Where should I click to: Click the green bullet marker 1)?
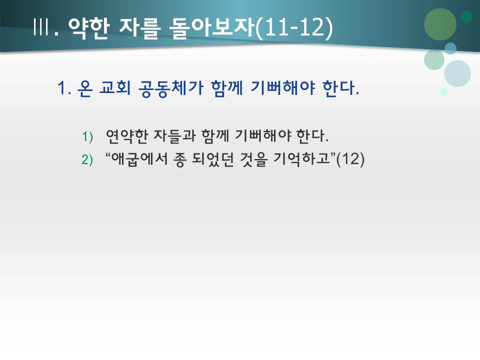[87, 137]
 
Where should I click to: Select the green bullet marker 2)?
[87, 160]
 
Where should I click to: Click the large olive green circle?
[440, 24]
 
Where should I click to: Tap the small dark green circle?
[466, 16]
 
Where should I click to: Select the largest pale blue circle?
[457, 73]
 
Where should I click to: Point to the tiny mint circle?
[443, 91]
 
